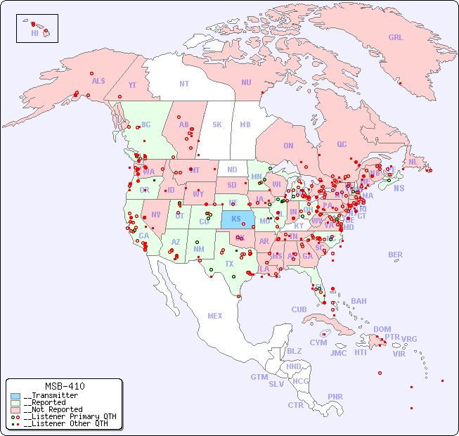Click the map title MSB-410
pyautogui.click(x=64, y=386)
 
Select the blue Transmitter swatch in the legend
pyautogui.click(x=15, y=396)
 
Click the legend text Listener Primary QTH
pyautogui.click(x=70, y=416)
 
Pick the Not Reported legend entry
pyautogui.click(x=53, y=409)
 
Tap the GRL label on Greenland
pyautogui.click(x=396, y=37)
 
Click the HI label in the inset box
pyautogui.click(x=34, y=33)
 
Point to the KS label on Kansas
pyautogui.click(x=235, y=219)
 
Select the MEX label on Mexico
pyautogui.click(x=214, y=316)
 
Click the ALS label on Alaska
pyautogui.click(x=98, y=81)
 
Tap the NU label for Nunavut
pyautogui.click(x=246, y=82)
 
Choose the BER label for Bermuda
pyautogui.click(x=395, y=255)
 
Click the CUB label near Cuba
pyautogui.click(x=299, y=309)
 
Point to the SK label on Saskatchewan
pyautogui.click(x=217, y=124)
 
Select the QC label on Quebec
pyautogui.click(x=342, y=144)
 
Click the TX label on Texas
pyautogui.click(x=229, y=264)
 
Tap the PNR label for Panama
pyautogui.click(x=335, y=397)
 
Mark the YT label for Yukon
pyautogui.click(x=132, y=85)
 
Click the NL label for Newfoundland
pyautogui.click(x=413, y=162)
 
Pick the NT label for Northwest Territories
pyautogui.click(x=183, y=83)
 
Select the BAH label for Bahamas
pyautogui.click(x=358, y=301)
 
